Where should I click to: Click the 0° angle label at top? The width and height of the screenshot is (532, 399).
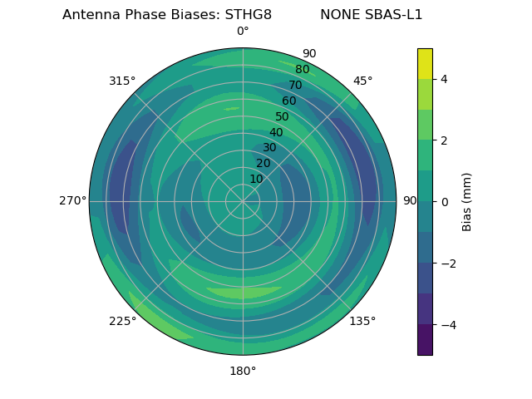click(243, 32)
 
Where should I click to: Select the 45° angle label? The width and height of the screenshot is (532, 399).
click(362, 81)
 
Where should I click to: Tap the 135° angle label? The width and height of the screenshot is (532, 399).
click(362, 321)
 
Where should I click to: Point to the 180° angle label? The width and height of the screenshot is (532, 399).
click(243, 371)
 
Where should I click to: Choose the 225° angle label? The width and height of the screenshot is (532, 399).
click(122, 321)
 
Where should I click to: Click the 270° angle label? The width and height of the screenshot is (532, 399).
click(72, 201)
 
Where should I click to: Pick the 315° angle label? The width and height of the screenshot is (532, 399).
click(122, 81)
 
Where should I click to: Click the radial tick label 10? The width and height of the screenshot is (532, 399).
click(256, 179)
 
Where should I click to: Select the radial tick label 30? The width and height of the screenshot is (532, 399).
click(269, 148)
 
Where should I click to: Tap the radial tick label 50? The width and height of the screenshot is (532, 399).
click(283, 117)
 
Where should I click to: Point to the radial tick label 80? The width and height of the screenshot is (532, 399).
click(302, 69)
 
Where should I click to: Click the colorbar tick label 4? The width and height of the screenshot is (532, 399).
click(444, 79)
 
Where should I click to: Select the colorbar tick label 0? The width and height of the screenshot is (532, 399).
click(444, 202)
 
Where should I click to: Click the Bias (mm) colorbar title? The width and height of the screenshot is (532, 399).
click(467, 202)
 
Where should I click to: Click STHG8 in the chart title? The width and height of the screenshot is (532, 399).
click(248, 14)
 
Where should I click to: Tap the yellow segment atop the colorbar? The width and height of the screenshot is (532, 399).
click(425, 63)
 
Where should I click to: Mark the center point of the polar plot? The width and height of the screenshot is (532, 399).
click(243, 201)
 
